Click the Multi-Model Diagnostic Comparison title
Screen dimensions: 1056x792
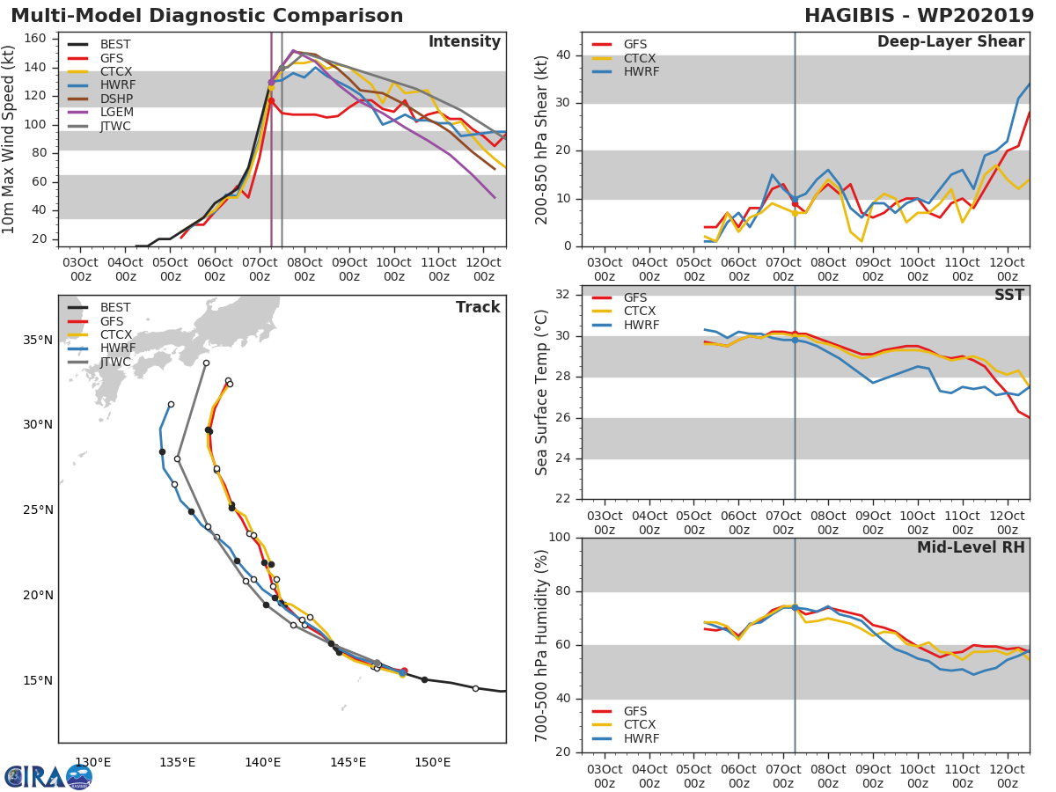207,16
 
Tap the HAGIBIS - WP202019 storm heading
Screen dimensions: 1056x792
919,16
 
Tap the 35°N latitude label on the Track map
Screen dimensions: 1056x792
38,340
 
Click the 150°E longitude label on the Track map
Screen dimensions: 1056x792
433,762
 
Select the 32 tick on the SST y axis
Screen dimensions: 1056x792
563,294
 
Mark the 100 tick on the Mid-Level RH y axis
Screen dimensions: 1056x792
560,537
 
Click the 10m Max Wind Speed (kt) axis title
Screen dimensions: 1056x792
8,140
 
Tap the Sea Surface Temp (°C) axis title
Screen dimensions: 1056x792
541,392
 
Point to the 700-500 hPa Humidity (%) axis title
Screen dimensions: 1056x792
541,645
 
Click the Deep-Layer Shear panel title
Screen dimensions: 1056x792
950,42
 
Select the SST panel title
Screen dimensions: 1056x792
1008,294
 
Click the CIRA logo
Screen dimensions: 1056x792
48,777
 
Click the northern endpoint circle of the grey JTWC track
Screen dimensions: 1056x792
206,363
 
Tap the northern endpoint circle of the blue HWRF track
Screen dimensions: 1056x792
171,405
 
